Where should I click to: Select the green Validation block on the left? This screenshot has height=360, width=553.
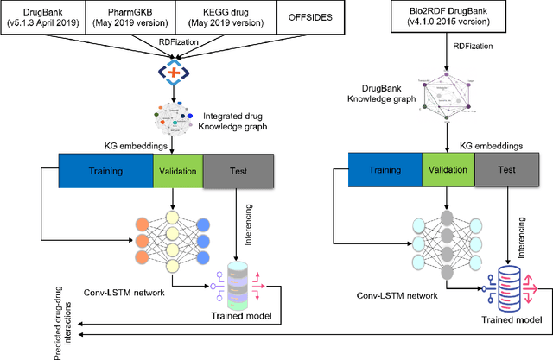click(x=177, y=171)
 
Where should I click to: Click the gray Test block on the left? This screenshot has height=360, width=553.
click(x=237, y=171)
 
